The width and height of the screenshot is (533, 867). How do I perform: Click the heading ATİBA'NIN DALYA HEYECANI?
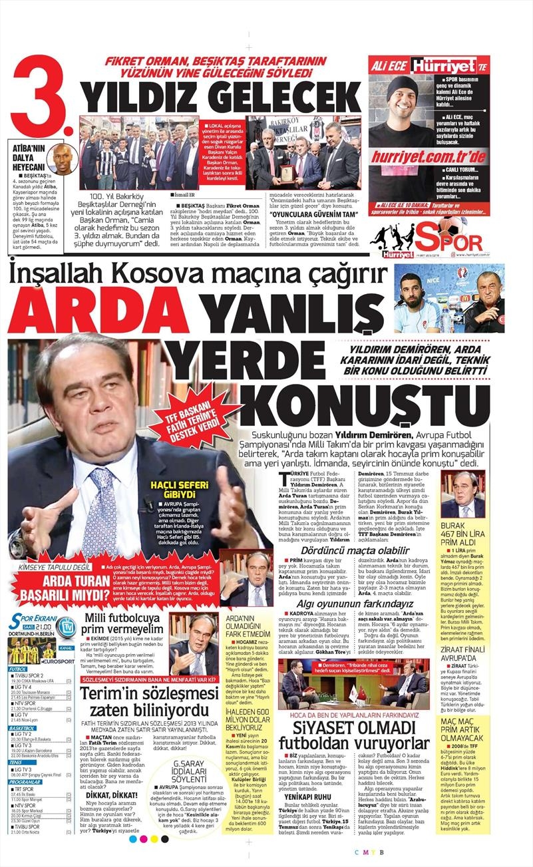[x=27, y=158]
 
